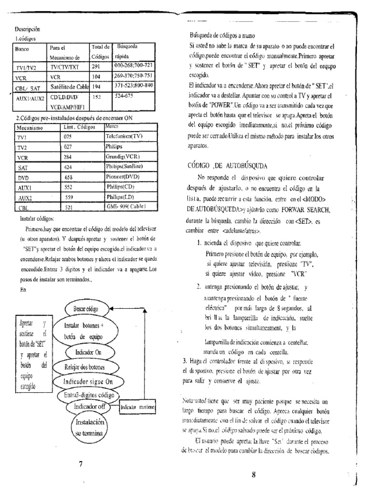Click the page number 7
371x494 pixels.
click(x=81, y=464)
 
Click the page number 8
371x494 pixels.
click(x=253, y=473)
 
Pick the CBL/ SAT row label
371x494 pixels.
click(x=28, y=87)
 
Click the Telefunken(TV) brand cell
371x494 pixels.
click(x=124, y=137)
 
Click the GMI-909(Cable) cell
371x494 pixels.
click(x=126, y=206)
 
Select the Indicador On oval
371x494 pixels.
click(x=88, y=352)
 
